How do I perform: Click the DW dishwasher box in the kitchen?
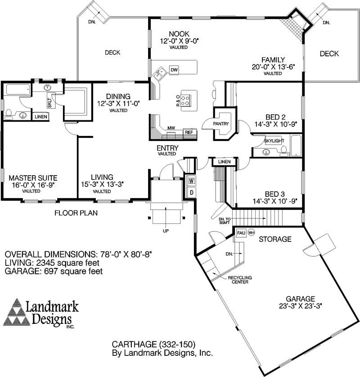[174, 70]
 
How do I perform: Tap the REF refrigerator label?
[189, 132]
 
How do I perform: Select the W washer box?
[191, 181]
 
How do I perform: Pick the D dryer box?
[191, 192]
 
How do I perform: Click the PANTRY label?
[221, 124]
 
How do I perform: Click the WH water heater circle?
[251, 233]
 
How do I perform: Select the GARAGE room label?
[300, 299]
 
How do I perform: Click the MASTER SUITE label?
[33, 177]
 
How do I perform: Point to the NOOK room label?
[179, 34]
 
